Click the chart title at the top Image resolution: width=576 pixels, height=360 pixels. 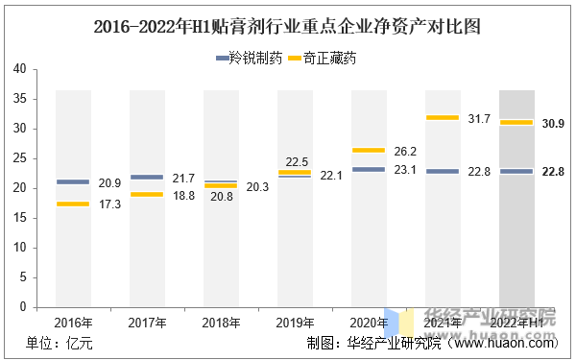(287, 26)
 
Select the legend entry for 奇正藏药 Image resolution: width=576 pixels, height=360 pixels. (321, 59)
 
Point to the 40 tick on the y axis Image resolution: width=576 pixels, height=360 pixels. (19, 69)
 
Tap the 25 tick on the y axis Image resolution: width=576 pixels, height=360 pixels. (19, 158)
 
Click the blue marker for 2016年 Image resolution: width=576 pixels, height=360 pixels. (73, 181)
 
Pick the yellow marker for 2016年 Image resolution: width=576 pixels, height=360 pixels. (73, 204)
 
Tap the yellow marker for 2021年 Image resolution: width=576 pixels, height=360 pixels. (443, 117)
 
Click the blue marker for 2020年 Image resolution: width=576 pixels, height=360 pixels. (369, 169)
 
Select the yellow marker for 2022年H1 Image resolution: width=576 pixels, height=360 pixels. (516, 122)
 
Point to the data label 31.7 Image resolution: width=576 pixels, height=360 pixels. (480, 119)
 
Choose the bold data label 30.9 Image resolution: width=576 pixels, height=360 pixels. (554, 124)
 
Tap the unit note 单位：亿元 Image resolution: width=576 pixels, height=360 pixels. (59, 344)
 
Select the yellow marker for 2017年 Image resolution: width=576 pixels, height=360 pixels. (147, 195)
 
